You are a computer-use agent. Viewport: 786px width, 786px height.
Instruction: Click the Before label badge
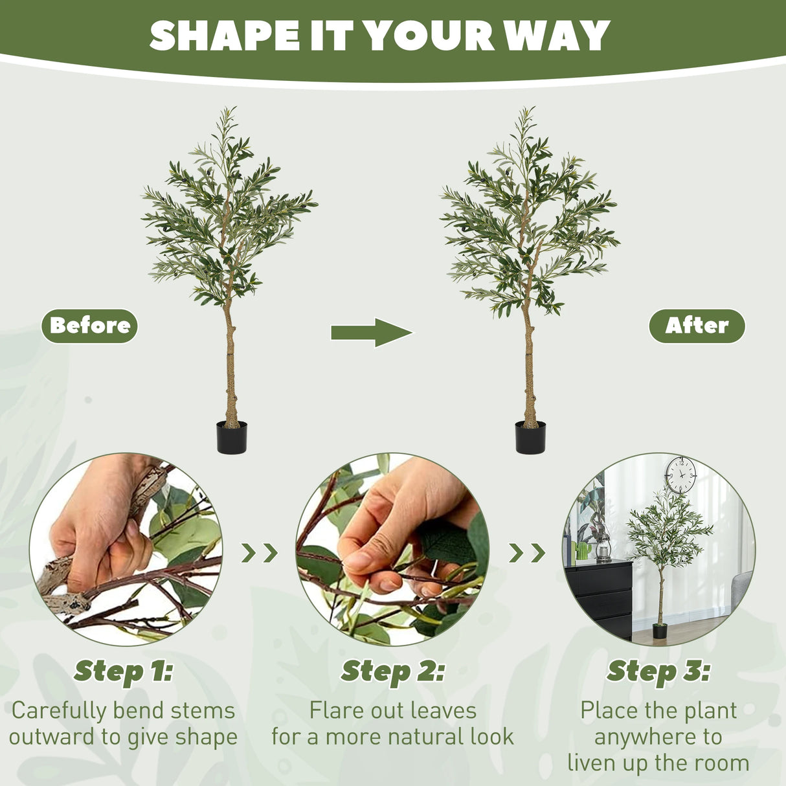89,326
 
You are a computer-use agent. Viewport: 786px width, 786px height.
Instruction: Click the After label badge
697,326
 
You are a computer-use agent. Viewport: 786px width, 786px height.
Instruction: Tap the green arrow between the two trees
372,333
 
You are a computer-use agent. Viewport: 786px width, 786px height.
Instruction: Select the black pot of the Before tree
231,438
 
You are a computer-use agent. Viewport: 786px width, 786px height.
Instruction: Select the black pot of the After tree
530,438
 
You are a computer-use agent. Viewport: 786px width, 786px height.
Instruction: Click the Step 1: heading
123,672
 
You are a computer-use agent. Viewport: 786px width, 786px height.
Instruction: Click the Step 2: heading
392,672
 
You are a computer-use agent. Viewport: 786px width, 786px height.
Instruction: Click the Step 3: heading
658,672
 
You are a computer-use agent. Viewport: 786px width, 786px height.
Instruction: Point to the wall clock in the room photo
680,475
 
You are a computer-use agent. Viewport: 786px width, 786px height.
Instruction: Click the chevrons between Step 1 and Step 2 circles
259,552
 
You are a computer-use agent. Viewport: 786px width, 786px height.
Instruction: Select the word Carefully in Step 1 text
59,711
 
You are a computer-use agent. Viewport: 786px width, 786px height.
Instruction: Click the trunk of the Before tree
230,363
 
